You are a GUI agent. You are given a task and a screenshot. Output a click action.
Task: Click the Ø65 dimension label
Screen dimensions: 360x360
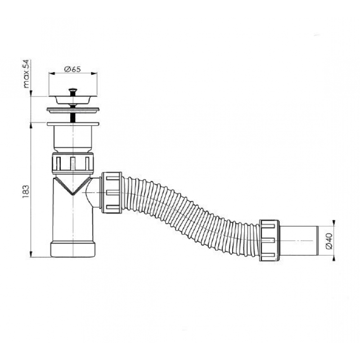72,69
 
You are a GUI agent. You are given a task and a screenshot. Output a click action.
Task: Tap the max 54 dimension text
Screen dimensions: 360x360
26,73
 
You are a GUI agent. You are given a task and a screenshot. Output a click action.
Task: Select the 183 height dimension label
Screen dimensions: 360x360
26,192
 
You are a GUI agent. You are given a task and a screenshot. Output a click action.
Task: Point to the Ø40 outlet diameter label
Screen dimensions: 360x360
329,241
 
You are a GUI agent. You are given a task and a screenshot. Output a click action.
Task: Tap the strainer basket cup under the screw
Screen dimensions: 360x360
73,100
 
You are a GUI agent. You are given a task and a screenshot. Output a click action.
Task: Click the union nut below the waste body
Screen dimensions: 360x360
73,163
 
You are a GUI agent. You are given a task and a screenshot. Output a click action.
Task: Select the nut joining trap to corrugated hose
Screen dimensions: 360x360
111,193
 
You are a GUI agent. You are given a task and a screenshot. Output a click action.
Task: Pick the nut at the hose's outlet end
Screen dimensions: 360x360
269,240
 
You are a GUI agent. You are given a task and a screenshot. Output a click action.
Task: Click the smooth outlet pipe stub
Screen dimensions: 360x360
298,241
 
